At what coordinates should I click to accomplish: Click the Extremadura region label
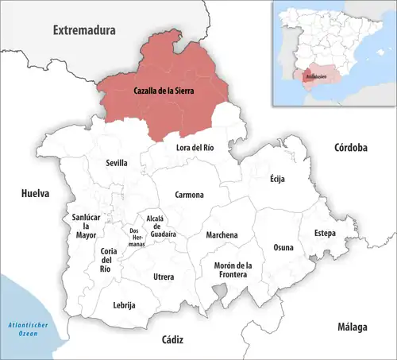click(x=84, y=30)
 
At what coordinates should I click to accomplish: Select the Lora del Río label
click(x=195, y=147)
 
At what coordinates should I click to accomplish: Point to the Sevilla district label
click(x=117, y=163)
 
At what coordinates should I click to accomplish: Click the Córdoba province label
click(x=350, y=148)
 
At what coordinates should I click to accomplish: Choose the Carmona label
click(x=189, y=195)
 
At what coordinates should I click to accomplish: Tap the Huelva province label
click(x=36, y=193)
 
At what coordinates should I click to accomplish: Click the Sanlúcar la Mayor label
click(x=86, y=226)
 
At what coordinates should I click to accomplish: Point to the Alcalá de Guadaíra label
click(x=160, y=226)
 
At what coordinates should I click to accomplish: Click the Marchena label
click(x=222, y=235)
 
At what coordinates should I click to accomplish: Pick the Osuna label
click(x=283, y=247)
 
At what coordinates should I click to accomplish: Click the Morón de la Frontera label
click(x=233, y=270)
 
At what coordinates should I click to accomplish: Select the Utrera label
click(x=164, y=277)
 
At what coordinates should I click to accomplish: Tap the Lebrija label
click(x=125, y=305)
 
